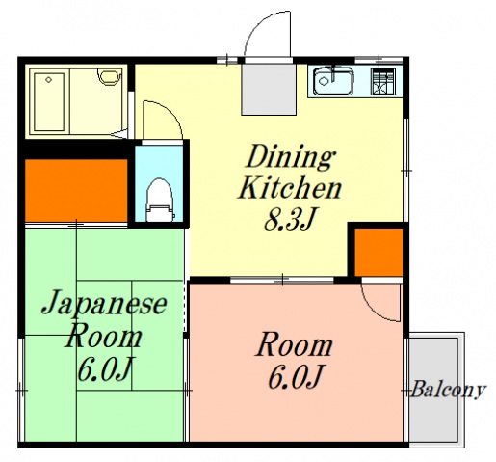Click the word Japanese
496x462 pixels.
(104, 307)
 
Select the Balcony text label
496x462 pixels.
(447, 391)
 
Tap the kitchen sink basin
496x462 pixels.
(334, 80)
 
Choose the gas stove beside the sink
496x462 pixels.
(384, 82)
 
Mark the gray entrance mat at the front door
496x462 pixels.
(266, 87)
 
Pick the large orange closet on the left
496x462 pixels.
(75, 188)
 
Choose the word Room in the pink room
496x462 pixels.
(296, 345)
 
